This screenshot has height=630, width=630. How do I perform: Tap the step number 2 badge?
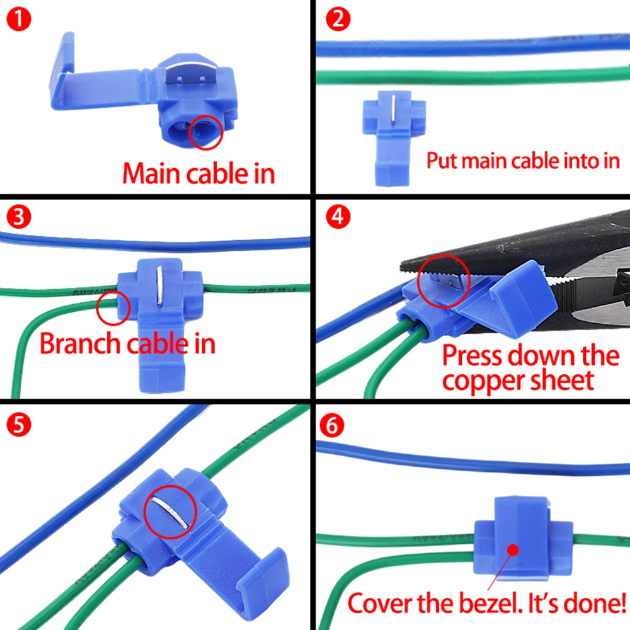338,20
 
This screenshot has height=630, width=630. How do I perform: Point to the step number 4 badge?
338,217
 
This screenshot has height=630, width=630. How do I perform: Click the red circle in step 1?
205,132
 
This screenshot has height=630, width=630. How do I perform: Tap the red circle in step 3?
114,307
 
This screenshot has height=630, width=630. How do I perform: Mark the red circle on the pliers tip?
444,280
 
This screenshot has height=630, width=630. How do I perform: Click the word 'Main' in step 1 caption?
151,173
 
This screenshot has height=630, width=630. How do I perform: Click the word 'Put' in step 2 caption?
442,160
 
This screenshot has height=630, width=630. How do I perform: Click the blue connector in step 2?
394,135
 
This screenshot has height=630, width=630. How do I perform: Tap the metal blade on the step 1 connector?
183,76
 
